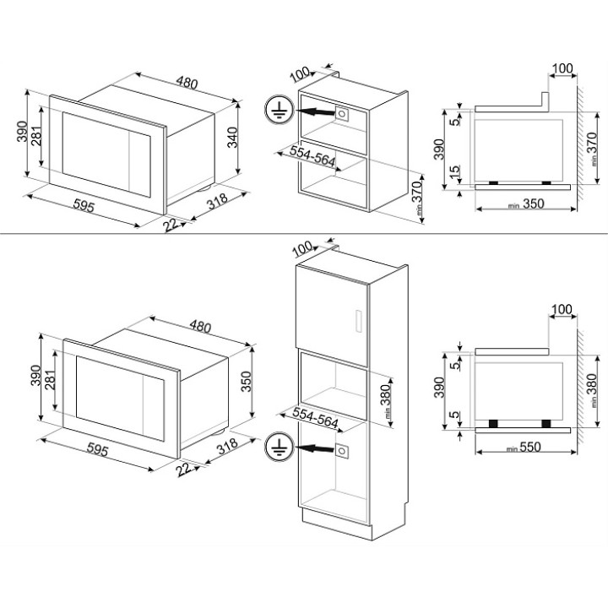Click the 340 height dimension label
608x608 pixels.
click(232, 138)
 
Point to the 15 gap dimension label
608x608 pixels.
click(455, 171)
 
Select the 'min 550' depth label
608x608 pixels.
click(524, 447)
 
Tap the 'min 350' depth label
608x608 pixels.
click(526, 204)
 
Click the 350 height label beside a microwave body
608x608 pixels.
click(247, 381)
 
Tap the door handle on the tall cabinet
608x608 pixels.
click(359, 321)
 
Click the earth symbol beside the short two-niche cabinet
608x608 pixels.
click(280, 110)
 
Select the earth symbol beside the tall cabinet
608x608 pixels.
click(280, 447)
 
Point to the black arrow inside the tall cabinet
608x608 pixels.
click(315, 448)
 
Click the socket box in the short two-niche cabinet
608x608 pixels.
click(342, 114)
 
